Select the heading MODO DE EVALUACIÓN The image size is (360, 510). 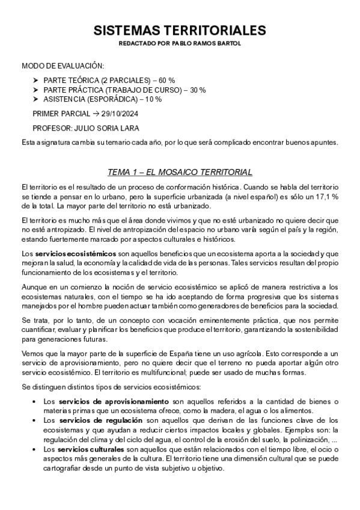click(x=63, y=66)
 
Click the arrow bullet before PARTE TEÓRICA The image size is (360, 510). click(x=36, y=81)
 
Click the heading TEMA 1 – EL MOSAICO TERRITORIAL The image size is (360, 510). click(x=180, y=172)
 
